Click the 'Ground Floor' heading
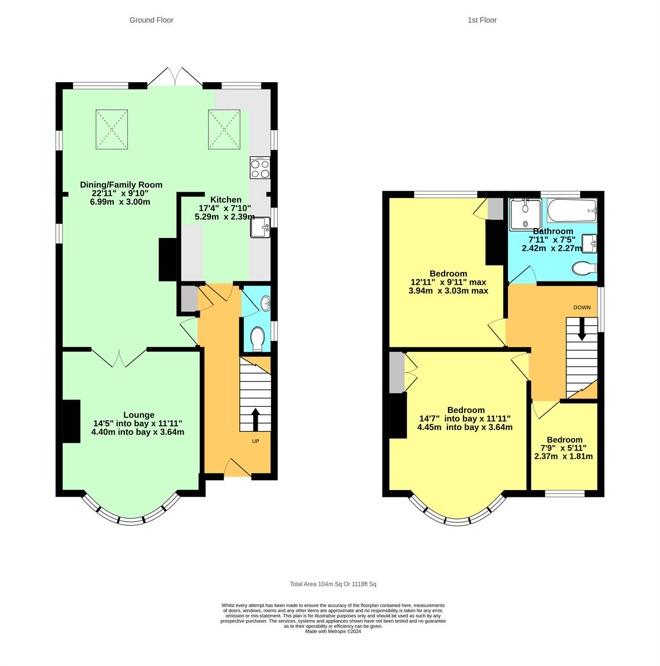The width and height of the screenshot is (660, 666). point(151,20)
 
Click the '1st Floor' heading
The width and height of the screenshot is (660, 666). point(482,20)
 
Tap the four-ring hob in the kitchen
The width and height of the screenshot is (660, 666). point(260,168)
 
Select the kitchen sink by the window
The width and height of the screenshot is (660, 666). point(260,228)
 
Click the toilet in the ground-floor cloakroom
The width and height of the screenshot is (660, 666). point(258,339)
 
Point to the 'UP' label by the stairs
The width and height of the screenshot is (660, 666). point(255,441)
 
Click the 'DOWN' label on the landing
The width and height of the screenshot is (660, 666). point(582,307)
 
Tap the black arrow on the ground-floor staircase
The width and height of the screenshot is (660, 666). point(255,420)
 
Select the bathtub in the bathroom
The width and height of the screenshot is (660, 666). point(572,211)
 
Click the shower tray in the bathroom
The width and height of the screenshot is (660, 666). point(525,214)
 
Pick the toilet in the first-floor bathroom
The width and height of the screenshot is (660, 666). point(583,269)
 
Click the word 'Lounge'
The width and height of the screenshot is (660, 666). point(139,415)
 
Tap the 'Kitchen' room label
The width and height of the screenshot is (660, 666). point(225,200)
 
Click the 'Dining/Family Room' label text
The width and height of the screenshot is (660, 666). point(121,185)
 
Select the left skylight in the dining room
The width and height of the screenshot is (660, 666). point(113,129)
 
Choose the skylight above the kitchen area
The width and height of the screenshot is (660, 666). point(225,129)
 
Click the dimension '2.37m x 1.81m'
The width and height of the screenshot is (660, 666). point(563,456)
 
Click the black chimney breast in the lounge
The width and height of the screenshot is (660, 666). point(71,421)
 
